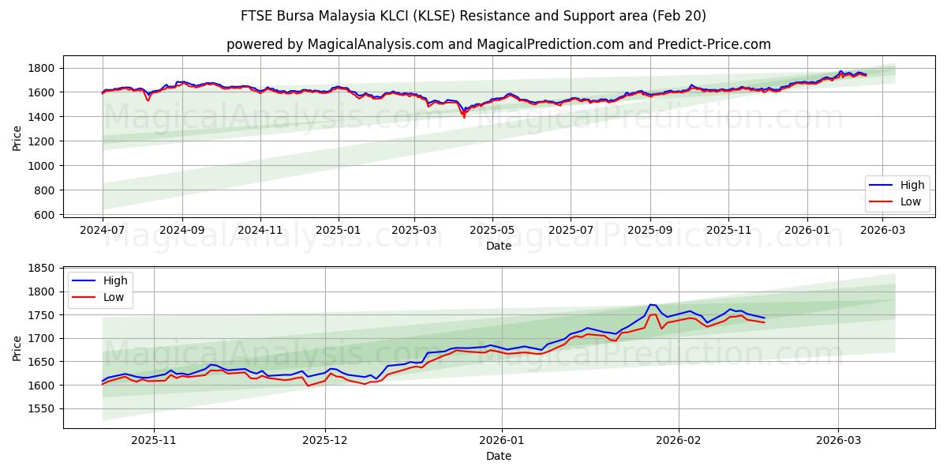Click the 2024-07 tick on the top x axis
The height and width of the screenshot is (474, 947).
pos(103,230)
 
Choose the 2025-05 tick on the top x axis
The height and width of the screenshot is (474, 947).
pos(492,230)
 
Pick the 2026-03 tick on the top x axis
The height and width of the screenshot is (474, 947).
pos(882,230)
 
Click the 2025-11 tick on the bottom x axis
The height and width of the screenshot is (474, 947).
pos(154,440)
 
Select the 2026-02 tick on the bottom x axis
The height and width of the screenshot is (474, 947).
pos(679,440)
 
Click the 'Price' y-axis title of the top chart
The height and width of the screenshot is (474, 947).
pos(17,138)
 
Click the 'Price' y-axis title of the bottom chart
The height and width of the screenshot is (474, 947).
pos(17,348)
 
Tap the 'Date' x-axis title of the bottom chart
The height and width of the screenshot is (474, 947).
pos(498,456)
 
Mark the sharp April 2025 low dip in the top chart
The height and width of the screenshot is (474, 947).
pos(464,118)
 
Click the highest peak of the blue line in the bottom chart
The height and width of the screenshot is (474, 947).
pos(651,304)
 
